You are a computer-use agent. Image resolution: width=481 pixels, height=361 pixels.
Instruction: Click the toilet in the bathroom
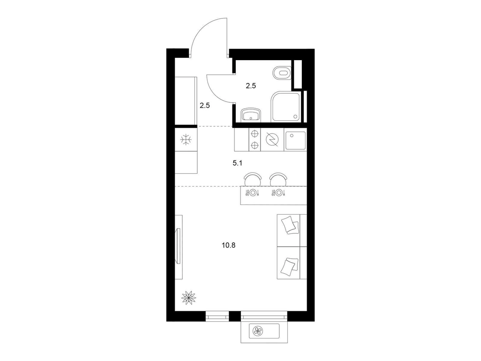click(x=282, y=73)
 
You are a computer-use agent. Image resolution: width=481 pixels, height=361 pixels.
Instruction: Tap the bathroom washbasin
click(x=251, y=115)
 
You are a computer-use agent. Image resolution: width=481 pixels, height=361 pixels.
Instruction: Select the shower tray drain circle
click(x=295, y=116)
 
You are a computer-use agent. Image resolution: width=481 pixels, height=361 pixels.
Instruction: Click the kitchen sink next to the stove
click(x=295, y=140)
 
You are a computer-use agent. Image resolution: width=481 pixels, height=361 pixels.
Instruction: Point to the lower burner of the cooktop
click(x=255, y=145)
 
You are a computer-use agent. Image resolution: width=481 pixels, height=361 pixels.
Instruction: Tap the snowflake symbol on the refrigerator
click(x=186, y=140)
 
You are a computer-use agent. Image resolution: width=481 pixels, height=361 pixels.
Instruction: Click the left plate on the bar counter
click(x=253, y=193)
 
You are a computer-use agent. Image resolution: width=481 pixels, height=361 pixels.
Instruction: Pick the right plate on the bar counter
click(x=278, y=193)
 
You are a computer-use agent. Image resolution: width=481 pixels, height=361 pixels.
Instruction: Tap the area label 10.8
click(x=228, y=245)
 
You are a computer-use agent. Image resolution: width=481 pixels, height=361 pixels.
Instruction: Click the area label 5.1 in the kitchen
click(x=237, y=163)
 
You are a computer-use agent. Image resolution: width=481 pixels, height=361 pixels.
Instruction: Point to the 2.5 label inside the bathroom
click(x=251, y=86)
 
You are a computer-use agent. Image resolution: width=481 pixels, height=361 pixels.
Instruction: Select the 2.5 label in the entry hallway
click(x=205, y=105)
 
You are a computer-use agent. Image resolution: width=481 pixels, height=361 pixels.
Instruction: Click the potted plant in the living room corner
click(x=189, y=298)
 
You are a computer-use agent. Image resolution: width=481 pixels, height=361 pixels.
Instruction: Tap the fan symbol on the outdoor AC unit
click(x=258, y=331)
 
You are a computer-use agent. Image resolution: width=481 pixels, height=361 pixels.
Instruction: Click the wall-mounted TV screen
click(x=179, y=246)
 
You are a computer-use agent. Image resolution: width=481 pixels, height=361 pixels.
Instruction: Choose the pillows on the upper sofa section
click(x=290, y=225)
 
